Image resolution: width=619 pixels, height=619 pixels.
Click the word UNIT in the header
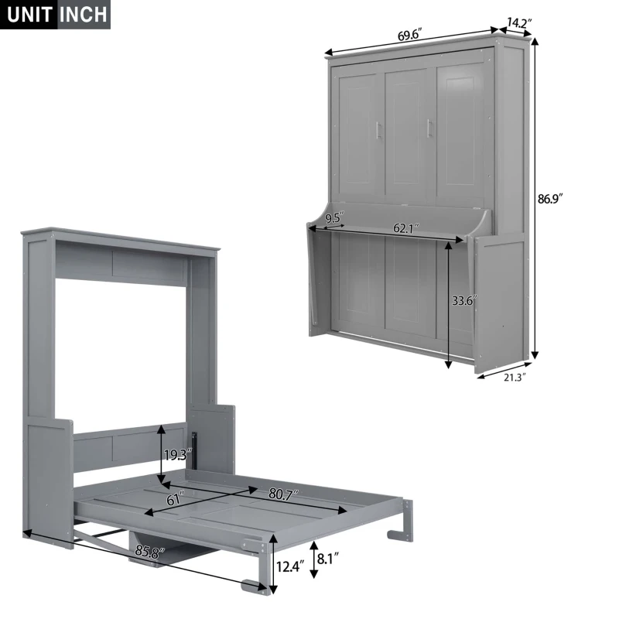(28, 15)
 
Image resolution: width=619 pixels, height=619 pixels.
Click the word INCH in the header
(84, 15)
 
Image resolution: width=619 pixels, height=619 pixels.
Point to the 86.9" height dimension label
(550, 198)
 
